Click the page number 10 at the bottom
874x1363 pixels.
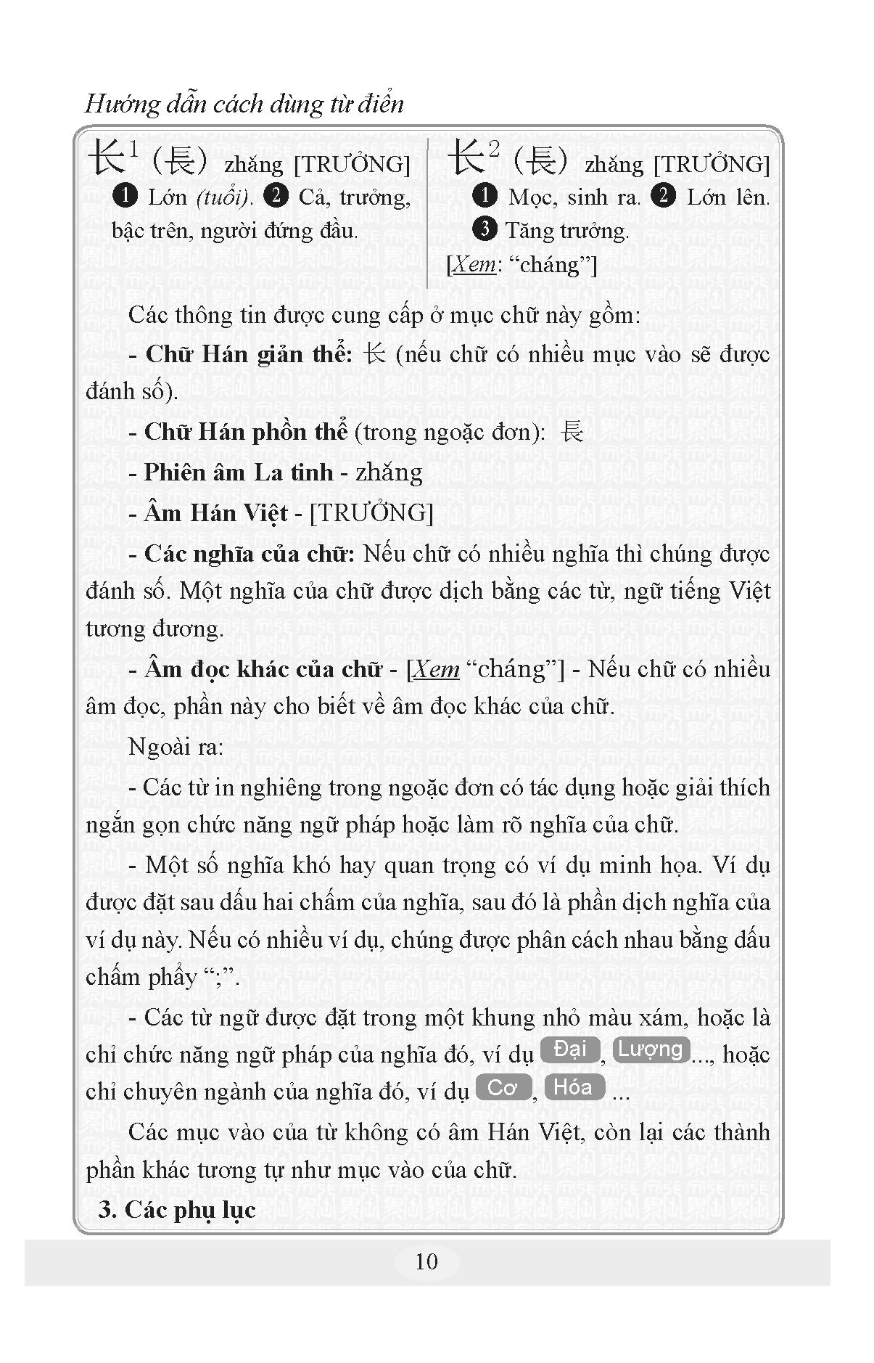click(426, 1261)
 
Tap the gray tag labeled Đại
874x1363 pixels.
click(569, 1049)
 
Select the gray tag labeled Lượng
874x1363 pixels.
click(650, 1049)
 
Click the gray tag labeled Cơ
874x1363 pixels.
click(503, 1087)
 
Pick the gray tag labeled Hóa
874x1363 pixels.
click(574, 1087)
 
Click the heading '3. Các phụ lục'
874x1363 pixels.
click(177, 1210)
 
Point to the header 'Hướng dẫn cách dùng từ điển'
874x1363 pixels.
click(244, 104)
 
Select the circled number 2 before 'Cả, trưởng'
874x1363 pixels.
click(277, 196)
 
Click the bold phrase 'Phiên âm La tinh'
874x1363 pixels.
click(239, 472)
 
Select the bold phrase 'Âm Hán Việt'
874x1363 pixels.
click(216, 513)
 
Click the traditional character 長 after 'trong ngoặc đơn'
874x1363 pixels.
click(572, 432)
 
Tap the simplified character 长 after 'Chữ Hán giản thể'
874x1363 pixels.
click(374, 354)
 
